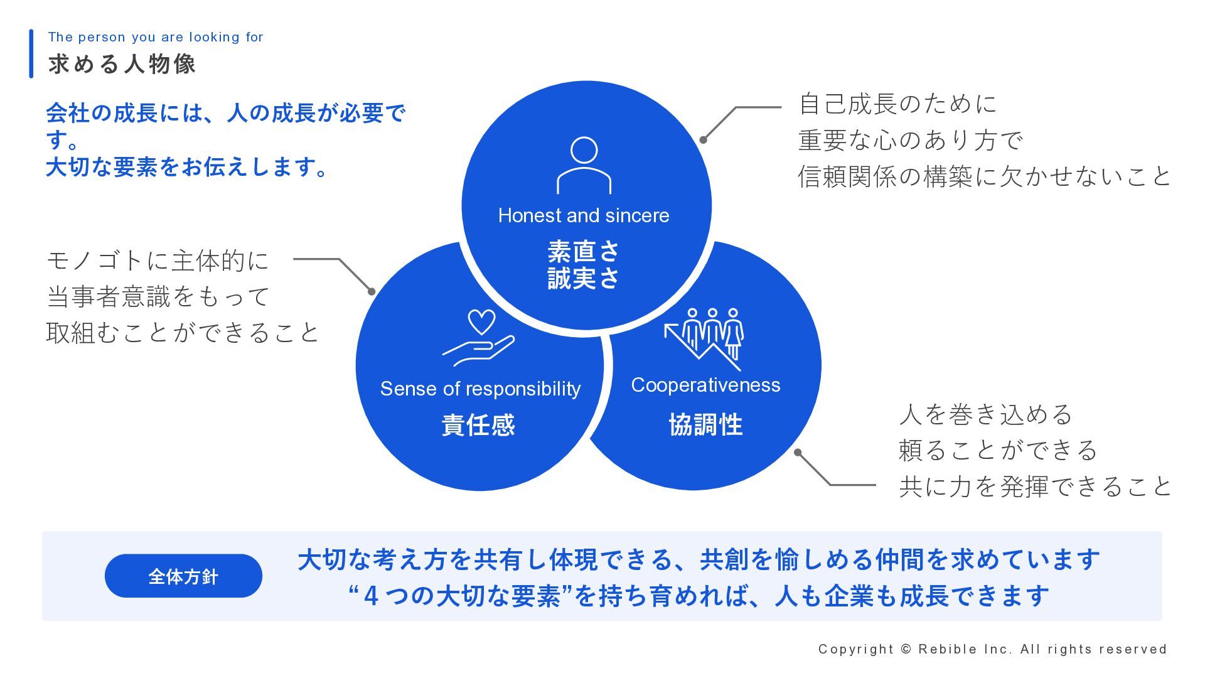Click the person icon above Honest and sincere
pyautogui.click(x=584, y=165)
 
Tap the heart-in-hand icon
pyautogui.click(x=478, y=338)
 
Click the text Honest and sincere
pyautogui.click(x=584, y=215)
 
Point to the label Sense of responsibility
pyautogui.click(x=480, y=389)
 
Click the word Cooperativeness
pyautogui.click(x=705, y=385)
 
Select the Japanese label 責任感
pyautogui.click(x=478, y=425)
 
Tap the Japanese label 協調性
pyautogui.click(x=705, y=425)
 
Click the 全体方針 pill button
pyautogui.click(x=183, y=576)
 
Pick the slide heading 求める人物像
pyautogui.click(x=122, y=64)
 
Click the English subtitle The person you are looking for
pyautogui.click(x=156, y=37)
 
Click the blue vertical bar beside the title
pyautogui.click(x=31, y=54)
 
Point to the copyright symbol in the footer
pyautogui.click(x=906, y=649)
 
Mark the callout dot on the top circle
pyautogui.click(x=704, y=140)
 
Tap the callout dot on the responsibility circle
pyautogui.click(x=372, y=291)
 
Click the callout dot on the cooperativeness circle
pyautogui.click(x=798, y=452)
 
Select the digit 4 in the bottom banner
pyautogui.click(x=371, y=596)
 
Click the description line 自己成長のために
pyautogui.click(x=897, y=104)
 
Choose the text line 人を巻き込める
pyautogui.click(x=985, y=414)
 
